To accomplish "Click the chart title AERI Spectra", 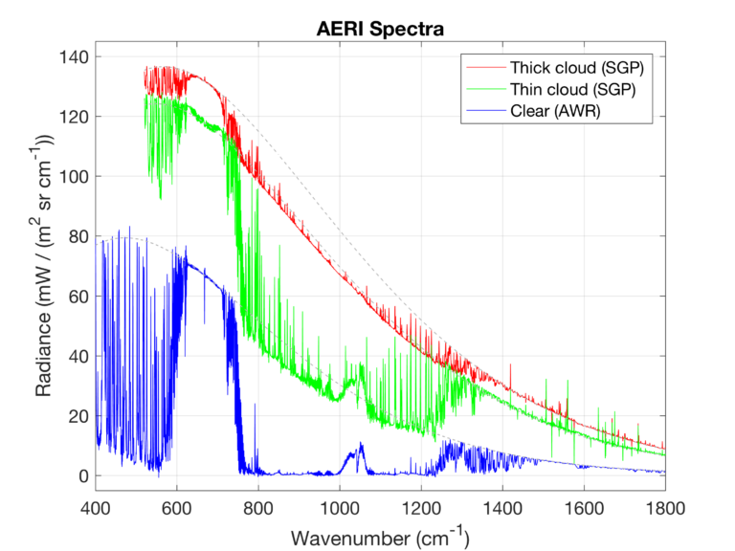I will click(x=380, y=29).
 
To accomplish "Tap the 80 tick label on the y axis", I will click(x=75, y=236).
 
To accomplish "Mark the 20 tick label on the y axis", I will click(x=75, y=416).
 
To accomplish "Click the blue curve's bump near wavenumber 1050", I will click(x=360, y=446).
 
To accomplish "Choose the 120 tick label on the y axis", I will click(x=71, y=117).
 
